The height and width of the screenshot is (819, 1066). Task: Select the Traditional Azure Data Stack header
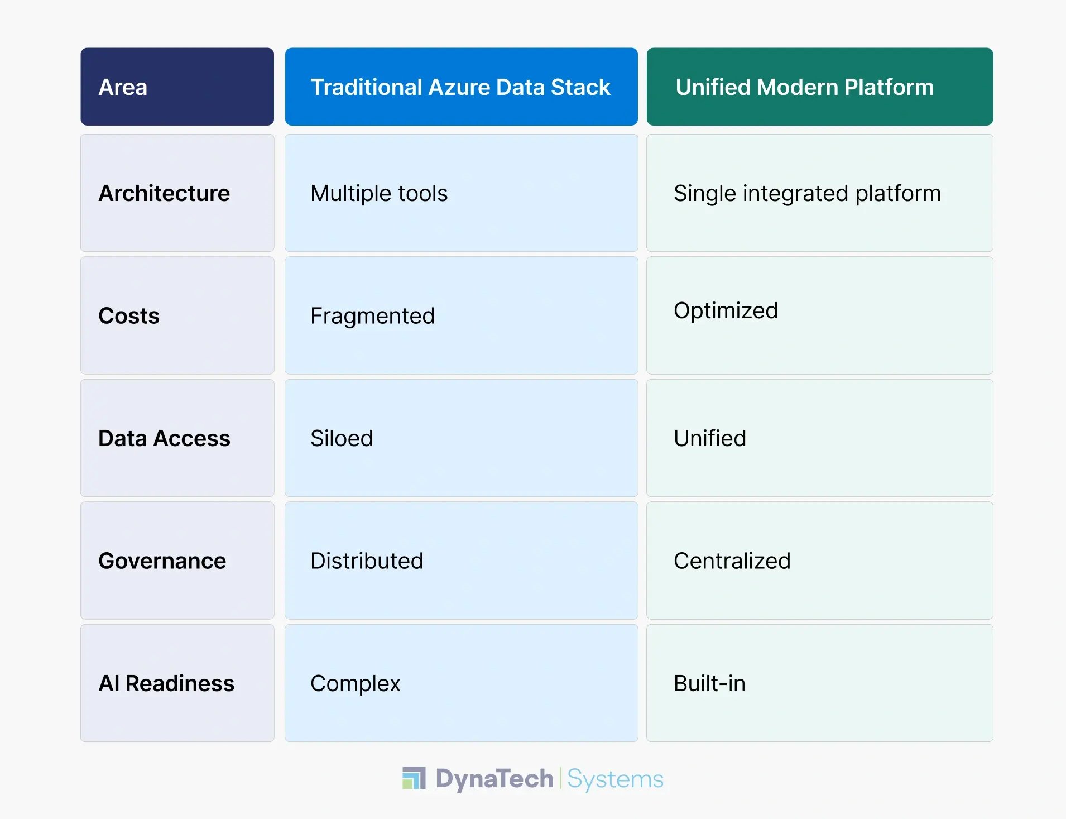pos(460,87)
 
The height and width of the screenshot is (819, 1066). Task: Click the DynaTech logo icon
pos(414,778)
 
